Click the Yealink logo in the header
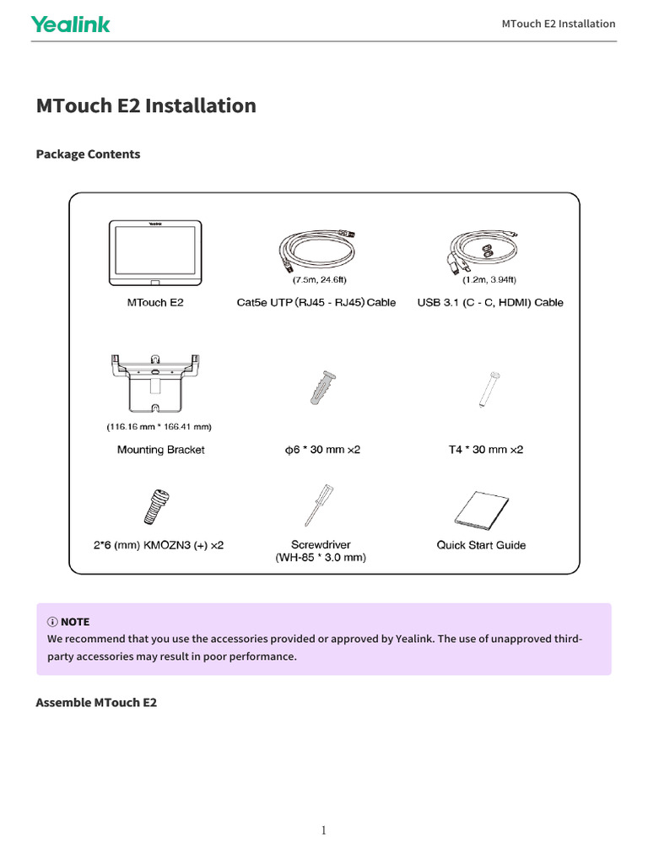[x=71, y=24]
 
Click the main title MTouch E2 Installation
[x=146, y=105]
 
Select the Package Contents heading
[x=88, y=154]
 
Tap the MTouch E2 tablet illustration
[x=155, y=252]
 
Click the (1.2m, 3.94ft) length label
[x=489, y=279]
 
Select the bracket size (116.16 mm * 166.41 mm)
[x=159, y=426]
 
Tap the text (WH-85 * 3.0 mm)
[x=321, y=558]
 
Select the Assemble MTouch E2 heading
[x=96, y=702]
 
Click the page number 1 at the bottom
[x=323, y=830]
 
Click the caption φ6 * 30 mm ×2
[x=321, y=450]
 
